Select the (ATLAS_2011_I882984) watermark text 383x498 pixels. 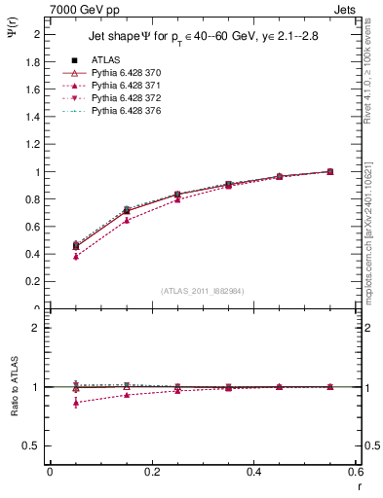click(x=202, y=290)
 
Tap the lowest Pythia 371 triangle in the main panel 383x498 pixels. click(x=75, y=257)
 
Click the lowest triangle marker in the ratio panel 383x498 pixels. click(x=75, y=403)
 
